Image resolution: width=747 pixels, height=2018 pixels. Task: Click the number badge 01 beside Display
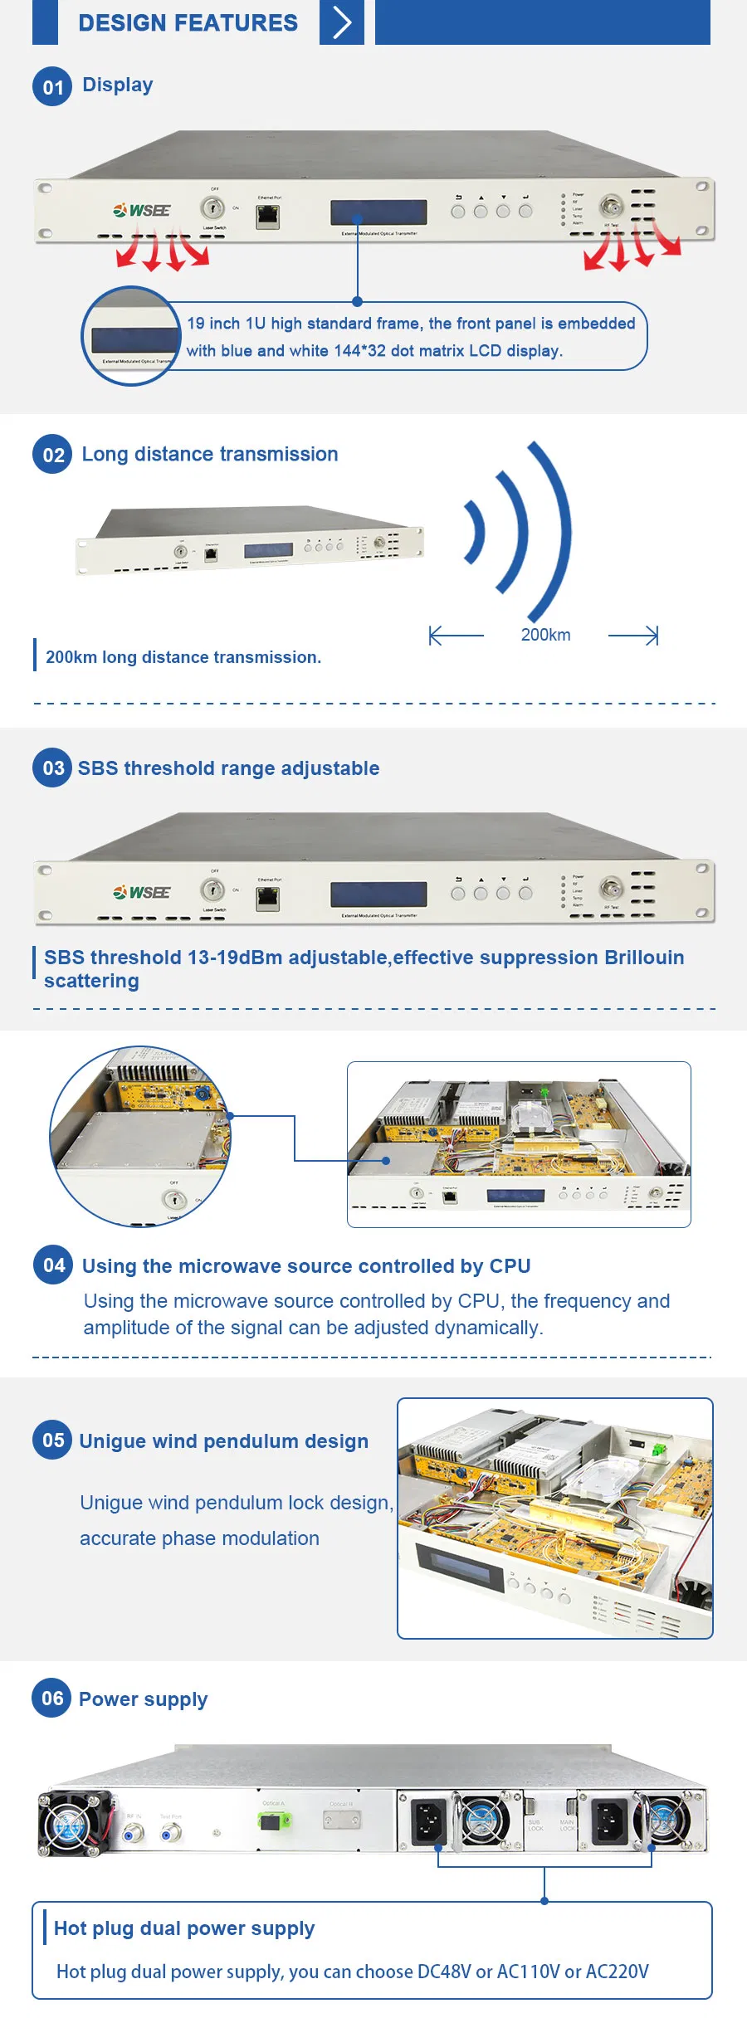click(52, 87)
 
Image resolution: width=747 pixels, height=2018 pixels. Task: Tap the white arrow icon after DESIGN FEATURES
click(342, 22)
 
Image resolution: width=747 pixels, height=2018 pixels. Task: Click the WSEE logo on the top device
click(142, 210)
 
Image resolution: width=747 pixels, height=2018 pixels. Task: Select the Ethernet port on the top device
click(267, 217)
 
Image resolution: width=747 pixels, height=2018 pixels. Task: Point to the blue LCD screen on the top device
click(378, 212)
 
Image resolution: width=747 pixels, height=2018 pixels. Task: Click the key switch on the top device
click(212, 208)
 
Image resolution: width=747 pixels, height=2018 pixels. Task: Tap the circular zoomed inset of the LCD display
click(131, 336)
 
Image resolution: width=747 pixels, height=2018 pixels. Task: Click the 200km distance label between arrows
click(545, 635)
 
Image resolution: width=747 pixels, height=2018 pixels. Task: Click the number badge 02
click(52, 455)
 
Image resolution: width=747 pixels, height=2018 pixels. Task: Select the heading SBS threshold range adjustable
click(228, 768)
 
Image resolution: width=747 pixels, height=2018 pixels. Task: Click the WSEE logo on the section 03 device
click(142, 892)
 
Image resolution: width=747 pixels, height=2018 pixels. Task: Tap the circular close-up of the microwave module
click(139, 1136)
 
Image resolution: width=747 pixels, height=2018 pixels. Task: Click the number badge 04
click(53, 1265)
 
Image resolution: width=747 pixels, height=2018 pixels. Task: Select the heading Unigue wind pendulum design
click(223, 1441)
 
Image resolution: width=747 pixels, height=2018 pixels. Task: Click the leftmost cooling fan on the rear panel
click(73, 1823)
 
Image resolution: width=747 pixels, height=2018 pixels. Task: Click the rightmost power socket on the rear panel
click(608, 1821)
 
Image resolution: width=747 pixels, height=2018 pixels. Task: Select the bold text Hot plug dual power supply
click(184, 1928)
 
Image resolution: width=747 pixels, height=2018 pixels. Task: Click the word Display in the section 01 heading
click(117, 85)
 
